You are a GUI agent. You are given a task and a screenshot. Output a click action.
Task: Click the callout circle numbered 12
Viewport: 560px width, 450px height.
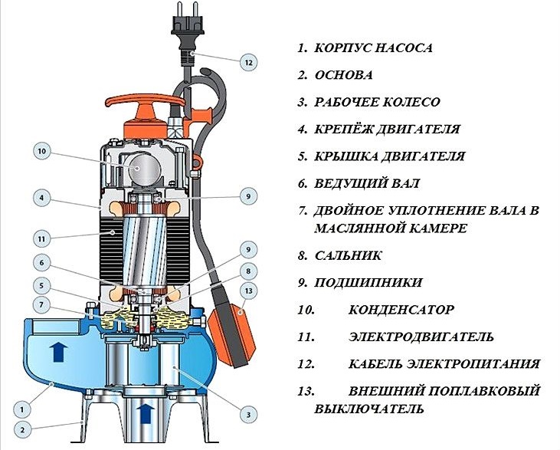click(x=248, y=62)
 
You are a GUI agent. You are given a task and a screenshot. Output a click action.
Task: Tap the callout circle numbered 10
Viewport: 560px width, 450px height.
click(x=42, y=151)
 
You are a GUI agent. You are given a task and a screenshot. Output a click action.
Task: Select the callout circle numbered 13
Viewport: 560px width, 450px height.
click(x=248, y=291)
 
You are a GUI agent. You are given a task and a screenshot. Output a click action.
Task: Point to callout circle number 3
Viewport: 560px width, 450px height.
click(x=248, y=415)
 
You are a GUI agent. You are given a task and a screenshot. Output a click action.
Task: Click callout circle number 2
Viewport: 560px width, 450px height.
click(x=22, y=429)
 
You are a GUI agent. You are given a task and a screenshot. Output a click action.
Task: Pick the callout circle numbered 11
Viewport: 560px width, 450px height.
click(x=42, y=238)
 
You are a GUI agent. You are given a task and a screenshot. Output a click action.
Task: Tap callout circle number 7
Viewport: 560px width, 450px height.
click(x=42, y=305)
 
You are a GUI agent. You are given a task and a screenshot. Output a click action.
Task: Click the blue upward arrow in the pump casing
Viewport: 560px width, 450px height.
click(x=59, y=351)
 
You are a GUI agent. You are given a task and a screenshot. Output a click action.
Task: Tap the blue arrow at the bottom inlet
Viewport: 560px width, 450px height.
click(x=146, y=413)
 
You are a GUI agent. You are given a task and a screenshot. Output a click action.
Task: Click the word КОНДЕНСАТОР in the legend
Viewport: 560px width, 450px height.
click(x=401, y=310)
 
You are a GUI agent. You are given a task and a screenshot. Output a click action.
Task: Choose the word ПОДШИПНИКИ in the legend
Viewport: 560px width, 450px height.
click(x=368, y=283)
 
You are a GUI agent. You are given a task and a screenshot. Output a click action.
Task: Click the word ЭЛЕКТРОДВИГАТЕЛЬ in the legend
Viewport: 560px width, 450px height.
click(x=421, y=337)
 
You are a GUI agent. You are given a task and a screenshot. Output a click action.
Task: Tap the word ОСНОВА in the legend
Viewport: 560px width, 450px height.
click(x=343, y=75)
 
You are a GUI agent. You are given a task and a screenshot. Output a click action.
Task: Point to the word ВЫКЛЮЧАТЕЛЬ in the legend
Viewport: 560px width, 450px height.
click(x=369, y=409)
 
